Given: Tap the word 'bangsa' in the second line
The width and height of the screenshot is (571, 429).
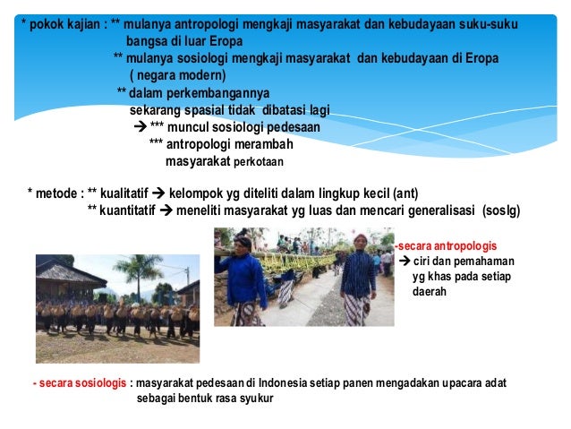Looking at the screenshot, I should click(148, 41).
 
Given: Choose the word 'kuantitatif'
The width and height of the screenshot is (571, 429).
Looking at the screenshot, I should click(133, 210).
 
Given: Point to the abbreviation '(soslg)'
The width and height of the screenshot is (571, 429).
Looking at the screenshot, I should click(499, 210).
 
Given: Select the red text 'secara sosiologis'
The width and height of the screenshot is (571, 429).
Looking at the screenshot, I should click(81, 382).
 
